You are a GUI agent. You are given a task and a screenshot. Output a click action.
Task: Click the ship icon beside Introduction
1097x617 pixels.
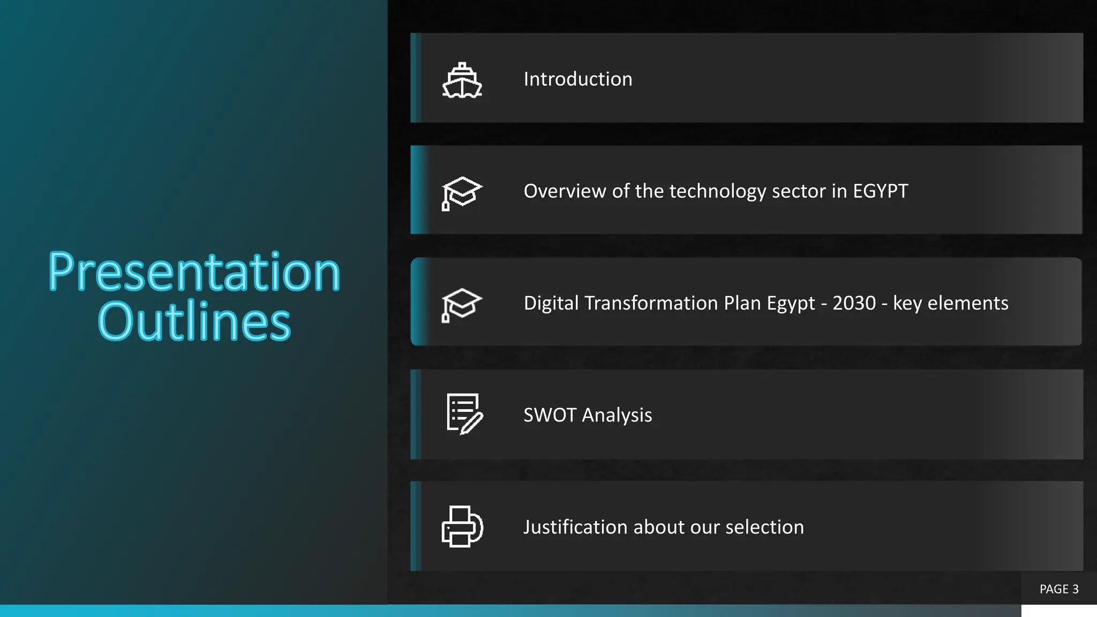462,81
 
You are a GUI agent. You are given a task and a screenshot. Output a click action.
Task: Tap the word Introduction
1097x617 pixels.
577,79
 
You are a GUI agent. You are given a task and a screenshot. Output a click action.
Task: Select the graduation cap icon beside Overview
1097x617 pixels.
462,193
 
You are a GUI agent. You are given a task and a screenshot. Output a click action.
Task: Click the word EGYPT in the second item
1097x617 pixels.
880,191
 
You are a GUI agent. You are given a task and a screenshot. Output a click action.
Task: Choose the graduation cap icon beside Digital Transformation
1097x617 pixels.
462,305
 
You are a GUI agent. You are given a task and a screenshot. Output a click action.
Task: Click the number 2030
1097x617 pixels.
854,303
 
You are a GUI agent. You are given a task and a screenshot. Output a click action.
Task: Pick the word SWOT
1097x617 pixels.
550,415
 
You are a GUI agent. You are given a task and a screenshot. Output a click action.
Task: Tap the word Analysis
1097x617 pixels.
617,416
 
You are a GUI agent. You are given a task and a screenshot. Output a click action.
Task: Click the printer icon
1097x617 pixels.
462,526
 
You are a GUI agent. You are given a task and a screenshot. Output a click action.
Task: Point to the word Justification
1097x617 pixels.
575,527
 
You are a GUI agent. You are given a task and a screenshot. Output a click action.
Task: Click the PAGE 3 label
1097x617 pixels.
1058,589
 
